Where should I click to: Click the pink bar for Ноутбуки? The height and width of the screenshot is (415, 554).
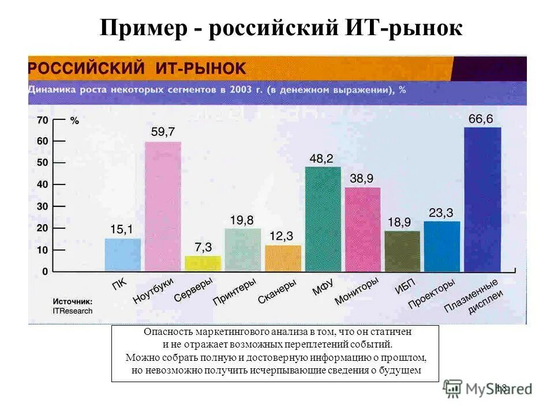[x=163, y=206]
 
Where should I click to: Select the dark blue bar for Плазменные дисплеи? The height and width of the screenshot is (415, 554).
[x=482, y=199]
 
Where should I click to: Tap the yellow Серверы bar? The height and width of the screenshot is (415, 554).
[x=203, y=263]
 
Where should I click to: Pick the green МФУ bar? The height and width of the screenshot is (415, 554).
[x=323, y=219]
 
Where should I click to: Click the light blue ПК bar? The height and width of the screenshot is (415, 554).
[x=122, y=254]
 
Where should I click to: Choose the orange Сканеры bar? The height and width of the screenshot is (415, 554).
[x=283, y=258]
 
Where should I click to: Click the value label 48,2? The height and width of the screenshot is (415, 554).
[x=321, y=159]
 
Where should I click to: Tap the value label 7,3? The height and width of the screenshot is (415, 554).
[x=203, y=247]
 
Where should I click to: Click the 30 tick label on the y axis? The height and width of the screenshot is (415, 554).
[x=42, y=206]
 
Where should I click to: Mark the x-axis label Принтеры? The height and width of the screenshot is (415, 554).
[x=234, y=292]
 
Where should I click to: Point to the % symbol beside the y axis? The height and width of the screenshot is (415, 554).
[x=74, y=120]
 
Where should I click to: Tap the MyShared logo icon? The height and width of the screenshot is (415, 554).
[x=453, y=387]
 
